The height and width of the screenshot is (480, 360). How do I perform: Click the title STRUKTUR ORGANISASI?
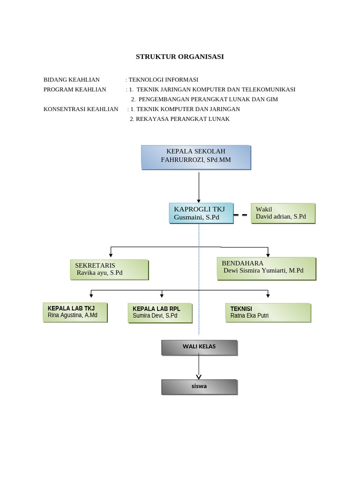tap(180, 57)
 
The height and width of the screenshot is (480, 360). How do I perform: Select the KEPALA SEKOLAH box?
tap(196, 157)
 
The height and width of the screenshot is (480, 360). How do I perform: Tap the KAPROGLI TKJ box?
tap(201, 213)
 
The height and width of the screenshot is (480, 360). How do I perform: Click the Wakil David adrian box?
tap(283, 213)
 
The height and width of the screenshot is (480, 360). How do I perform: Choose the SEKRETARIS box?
tap(109, 270)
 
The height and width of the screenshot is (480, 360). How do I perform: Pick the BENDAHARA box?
tap(266, 268)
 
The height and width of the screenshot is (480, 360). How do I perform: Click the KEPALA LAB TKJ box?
tap(75, 312)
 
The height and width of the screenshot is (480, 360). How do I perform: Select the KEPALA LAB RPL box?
tap(159, 313)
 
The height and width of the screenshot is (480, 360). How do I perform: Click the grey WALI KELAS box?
tap(199, 347)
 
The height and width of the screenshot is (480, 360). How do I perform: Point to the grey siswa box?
tap(199, 387)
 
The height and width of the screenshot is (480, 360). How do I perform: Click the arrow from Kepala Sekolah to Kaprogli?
tap(199, 187)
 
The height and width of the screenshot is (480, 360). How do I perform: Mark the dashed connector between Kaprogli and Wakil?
tap(240, 215)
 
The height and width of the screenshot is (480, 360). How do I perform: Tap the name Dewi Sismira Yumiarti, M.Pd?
tap(263, 270)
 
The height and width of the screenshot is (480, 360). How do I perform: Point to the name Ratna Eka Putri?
tap(249, 315)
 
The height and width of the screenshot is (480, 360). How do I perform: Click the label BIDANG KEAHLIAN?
tap(71, 80)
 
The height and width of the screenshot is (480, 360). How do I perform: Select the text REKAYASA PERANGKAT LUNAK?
tap(182, 119)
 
